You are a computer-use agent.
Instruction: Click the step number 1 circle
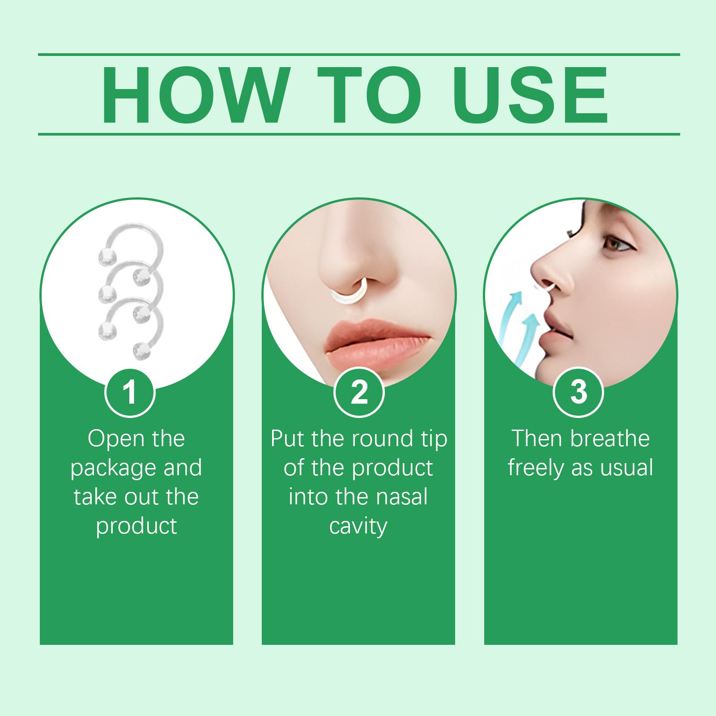(x=130, y=392)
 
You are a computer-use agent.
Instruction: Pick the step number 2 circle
(x=359, y=392)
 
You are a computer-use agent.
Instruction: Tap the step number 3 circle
(x=579, y=392)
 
